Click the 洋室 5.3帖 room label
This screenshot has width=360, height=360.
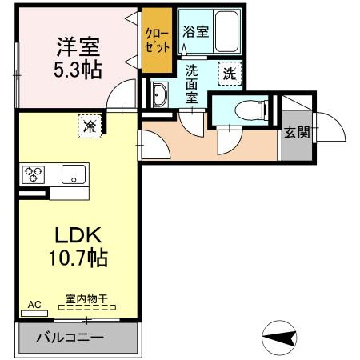click(x=78, y=58)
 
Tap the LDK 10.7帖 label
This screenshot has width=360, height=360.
click(x=78, y=246)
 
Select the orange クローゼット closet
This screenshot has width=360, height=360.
click(x=157, y=40)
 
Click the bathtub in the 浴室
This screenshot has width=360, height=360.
click(x=226, y=31)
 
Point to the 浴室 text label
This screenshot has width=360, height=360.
click(x=195, y=32)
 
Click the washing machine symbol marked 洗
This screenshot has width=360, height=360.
click(x=230, y=74)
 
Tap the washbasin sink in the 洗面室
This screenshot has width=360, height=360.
click(x=159, y=94)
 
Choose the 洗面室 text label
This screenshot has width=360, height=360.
click(x=191, y=84)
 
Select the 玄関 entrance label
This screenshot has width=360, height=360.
click(x=297, y=132)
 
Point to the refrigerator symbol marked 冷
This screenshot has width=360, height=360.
click(x=90, y=126)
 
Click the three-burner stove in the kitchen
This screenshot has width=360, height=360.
click(x=33, y=174)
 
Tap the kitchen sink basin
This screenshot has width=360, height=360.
click(x=74, y=174)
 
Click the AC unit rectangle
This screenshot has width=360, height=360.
click(x=34, y=314)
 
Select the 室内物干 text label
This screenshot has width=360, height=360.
click(x=86, y=298)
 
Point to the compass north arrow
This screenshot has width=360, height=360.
click(x=279, y=338)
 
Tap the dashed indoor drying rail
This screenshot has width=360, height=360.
click(x=87, y=307)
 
